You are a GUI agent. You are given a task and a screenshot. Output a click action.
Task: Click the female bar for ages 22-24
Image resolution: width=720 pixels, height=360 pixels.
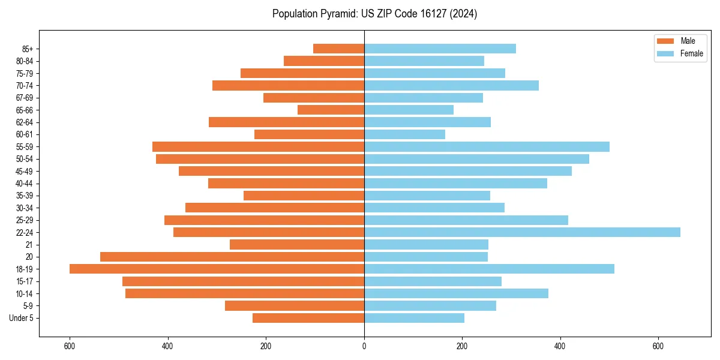tap(522, 232)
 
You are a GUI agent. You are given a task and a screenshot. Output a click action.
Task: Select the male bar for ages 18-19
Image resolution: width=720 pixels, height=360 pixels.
tap(217, 269)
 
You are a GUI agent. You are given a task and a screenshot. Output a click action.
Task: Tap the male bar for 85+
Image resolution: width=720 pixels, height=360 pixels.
tap(338, 49)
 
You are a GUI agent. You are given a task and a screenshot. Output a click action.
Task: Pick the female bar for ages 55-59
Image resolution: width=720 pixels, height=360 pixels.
tap(487, 146)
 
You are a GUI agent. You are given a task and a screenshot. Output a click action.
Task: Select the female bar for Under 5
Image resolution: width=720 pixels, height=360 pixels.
tap(414, 318)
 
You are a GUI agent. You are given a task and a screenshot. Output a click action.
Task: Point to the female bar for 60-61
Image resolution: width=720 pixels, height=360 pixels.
tap(404, 134)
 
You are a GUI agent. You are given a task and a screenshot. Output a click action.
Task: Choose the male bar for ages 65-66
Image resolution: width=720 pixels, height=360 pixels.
tap(331, 110)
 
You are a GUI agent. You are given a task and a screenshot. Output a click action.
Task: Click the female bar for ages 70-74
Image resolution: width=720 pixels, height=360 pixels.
tap(451, 85)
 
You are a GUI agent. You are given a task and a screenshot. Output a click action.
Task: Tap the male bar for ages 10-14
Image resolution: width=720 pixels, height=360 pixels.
tap(245, 293)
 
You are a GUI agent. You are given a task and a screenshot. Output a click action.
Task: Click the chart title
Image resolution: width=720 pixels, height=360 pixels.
tap(374, 14)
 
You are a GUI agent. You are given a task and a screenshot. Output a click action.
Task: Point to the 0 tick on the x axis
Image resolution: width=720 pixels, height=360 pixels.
tap(364, 346)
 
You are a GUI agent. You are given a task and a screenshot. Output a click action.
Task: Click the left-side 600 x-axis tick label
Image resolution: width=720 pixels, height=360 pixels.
tap(70, 346)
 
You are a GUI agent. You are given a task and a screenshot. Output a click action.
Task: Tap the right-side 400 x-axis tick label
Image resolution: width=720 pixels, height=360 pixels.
tap(560, 346)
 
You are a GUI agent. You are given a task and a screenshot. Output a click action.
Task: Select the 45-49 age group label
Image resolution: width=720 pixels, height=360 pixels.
tap(25, 171)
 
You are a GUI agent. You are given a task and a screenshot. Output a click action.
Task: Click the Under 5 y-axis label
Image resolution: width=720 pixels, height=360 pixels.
tap(22, 318)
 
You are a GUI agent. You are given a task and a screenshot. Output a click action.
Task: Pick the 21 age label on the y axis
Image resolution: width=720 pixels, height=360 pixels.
tap(29, 245)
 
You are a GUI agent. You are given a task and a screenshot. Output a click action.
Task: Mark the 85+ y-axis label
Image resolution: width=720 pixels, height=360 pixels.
tap(27, 49)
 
